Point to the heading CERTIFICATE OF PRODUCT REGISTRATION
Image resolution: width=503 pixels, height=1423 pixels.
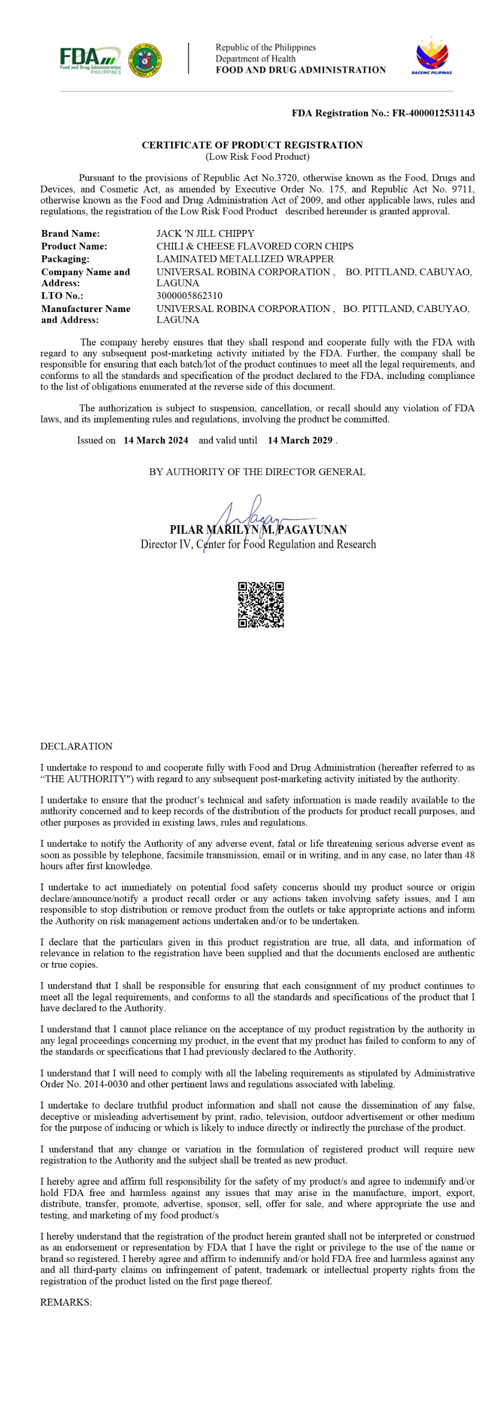pos(252,145)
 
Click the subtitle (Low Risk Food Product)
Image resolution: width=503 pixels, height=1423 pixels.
pos(257,157)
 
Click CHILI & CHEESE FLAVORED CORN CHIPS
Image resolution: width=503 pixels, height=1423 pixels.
pos(254,246)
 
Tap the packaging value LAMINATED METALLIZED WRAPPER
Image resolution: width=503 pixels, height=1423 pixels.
pos(245,259)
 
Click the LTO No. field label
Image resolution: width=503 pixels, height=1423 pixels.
pos(62,295)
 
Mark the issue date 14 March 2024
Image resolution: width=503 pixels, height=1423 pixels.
pos(156,440)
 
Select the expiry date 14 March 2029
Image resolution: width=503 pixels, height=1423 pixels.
pos(300,440)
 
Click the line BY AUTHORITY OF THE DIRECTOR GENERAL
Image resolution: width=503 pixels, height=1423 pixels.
pos(257,472)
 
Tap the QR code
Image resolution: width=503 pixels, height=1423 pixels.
pos(261,604)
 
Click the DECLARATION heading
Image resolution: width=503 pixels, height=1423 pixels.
pos(76,746)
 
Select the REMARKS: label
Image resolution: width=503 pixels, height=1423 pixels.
pos(66,1302)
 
